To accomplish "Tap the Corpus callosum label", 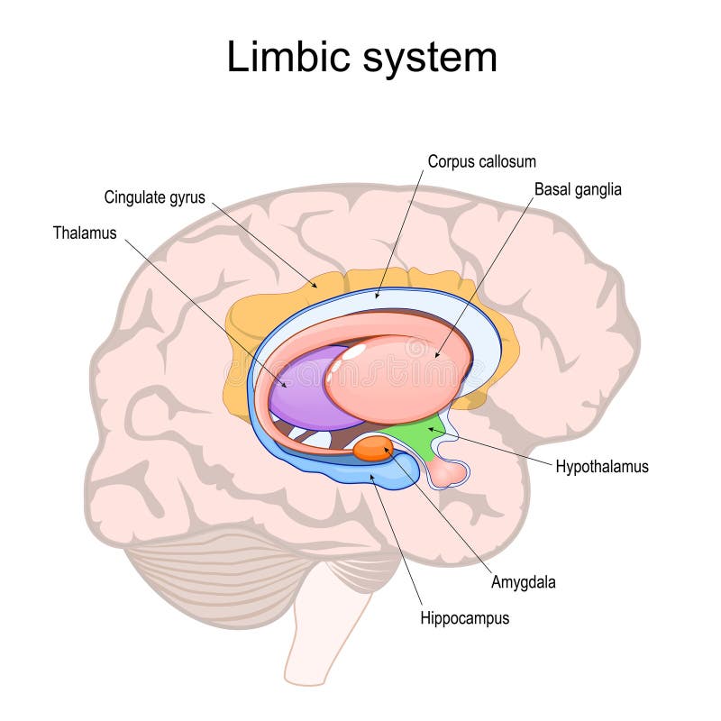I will pyautogui.click(x=481, y=162).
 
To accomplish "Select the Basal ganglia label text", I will pyautogui.click(x=578, y=190).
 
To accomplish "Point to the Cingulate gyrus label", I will pyautogui.click(x=154, y=196).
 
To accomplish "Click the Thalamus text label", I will pyautogui.click(x=85, y=233).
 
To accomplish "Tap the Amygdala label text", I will pyautogui.click(x=523, y=582).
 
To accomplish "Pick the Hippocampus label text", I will pyautogui.click(x=464, y=618).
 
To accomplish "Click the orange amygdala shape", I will pyautogui.click(x=371, y=449).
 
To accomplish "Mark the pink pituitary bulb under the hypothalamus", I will pyautogui.click(x=450, y=470).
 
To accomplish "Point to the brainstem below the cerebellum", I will pyautogui.click(x=324, y=631).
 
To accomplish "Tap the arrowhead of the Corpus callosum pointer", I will pyautogui.click(x=378, y=297).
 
